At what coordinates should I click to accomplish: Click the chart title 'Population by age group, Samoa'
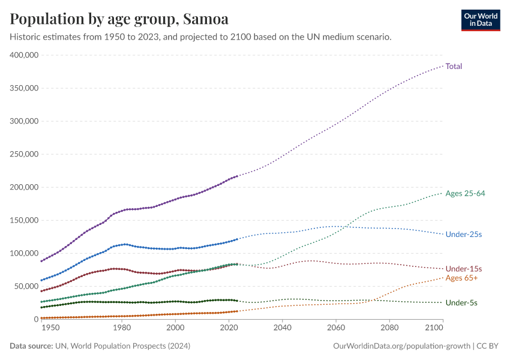pyautogui.click(x=119, y=19)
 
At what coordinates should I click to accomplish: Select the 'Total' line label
pyautogui.click(x=454, y=67)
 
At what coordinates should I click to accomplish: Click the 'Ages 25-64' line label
pyautogui.click(x=465, y=193)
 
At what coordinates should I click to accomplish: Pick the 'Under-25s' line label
pyautogui.click(x=464, y=234)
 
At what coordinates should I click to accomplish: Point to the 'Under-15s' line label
pyautogui.click(x=464, y=268)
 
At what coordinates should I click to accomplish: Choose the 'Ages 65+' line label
pyautogui.click(x=461, y=278)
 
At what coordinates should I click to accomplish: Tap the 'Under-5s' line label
pyautogui.click(x=461, y=303)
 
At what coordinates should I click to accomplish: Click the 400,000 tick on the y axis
pyautogui.click(x=24, y=55)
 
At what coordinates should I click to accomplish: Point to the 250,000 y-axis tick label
pyautogui.click(x=24, y=154)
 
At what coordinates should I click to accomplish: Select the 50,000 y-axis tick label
pyautogui.click(x=26, y=286)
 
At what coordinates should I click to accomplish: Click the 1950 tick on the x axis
pyautogui.click(x=50, y=328)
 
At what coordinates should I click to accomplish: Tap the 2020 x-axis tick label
pyautogui.click(x=229, y=328)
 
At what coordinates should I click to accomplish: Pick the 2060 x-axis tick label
pyautogui.click(x=335, y=328)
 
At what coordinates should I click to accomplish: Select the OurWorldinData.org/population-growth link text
pyautogui.click(x=401, y=346)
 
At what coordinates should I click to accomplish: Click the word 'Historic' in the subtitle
pyautogui.click(x=25, y=37)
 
